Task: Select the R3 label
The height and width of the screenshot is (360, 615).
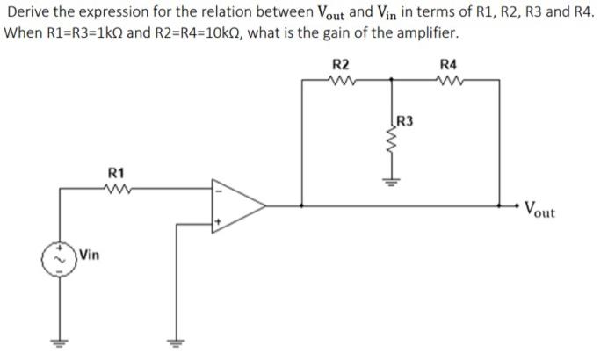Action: [x=407, y=120]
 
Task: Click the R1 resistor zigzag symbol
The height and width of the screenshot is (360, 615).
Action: [x=116, y=186]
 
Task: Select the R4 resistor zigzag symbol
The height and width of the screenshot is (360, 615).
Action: [x=448, y=79]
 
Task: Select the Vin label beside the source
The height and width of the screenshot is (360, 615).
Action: [x=89, y=256]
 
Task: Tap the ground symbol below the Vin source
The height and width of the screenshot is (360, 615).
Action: [x=61, y=342]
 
